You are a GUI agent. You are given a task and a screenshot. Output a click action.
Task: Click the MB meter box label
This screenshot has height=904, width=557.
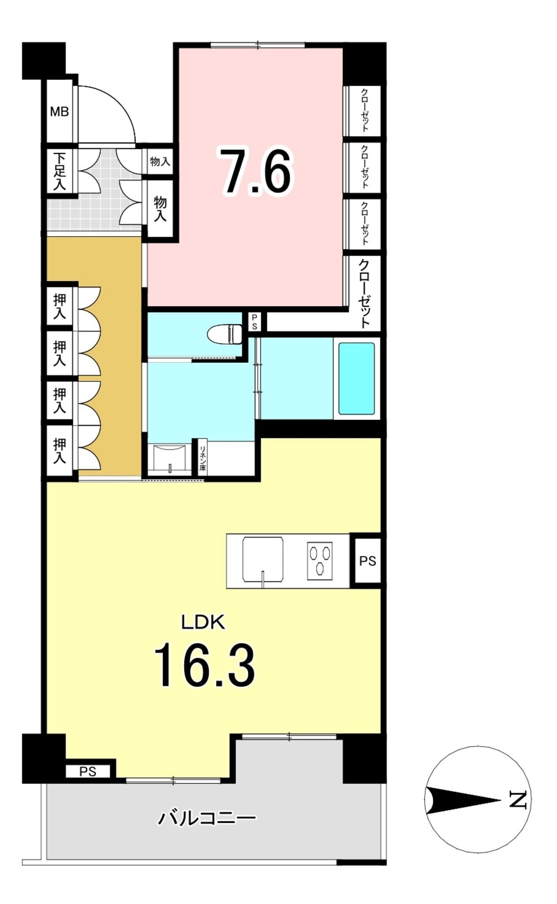pyautogui.click(x=59, y=112)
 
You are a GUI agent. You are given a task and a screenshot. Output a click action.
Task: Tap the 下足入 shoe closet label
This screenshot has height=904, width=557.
pyautogui.click(x=60, y=171)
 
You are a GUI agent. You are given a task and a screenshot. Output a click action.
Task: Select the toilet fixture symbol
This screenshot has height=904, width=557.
pyautogui.click(x=225, y=334)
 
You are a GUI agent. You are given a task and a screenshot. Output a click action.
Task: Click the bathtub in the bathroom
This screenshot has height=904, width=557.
pyautogui.click(x=356, y=378)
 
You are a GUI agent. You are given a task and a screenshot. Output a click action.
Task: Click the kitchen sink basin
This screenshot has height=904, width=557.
pyautogui.click(x=263, y=560)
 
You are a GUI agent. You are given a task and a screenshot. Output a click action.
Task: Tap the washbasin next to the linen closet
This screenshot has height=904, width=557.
pyautogui.click(x=170, y=459)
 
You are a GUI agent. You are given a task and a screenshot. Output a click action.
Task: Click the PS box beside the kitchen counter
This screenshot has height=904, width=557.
pyautogui.click(x=368, y=561)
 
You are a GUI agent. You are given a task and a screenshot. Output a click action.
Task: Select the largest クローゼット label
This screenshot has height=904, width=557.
pyautogui.click(x=364, y=294)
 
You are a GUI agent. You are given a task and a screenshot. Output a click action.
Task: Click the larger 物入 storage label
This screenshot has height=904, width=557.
pyautogui.click(x=160, y=209)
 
